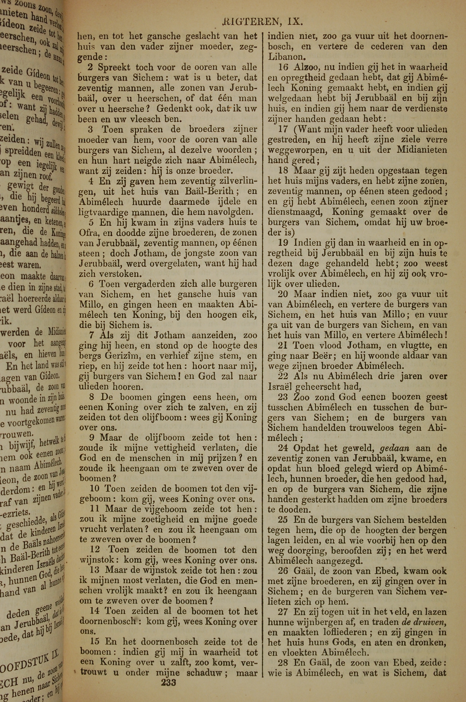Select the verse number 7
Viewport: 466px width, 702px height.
coord(92,335)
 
